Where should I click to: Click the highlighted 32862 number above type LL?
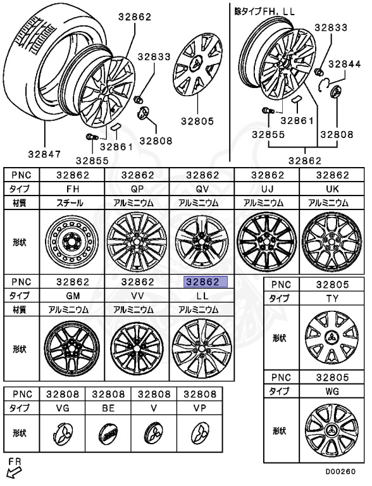coord(206,282)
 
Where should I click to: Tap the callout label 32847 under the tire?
coord(44,154)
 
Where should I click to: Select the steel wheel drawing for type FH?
coord(72,242)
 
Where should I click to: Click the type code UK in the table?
coord(332,189)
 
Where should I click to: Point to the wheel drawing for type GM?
coord(72,349)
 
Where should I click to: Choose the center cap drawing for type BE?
coord(108,433)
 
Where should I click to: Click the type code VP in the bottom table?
coord(199,408)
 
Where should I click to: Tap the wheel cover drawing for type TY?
coord(332,338)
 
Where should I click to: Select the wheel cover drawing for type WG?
coord(332,430)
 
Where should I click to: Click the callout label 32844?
coord(344,64)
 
